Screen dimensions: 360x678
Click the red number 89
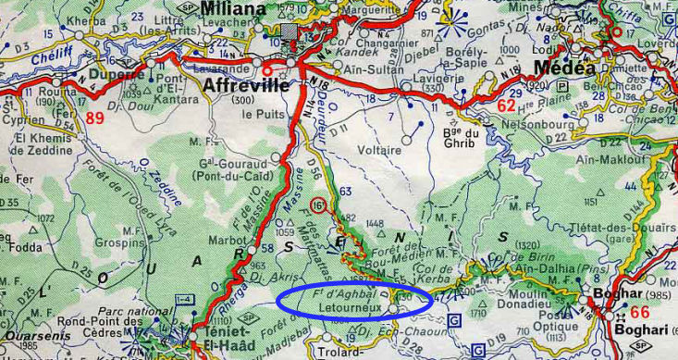pos(95,118)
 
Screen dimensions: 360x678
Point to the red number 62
pos(506,106)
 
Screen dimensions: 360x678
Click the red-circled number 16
pos(318,204)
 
